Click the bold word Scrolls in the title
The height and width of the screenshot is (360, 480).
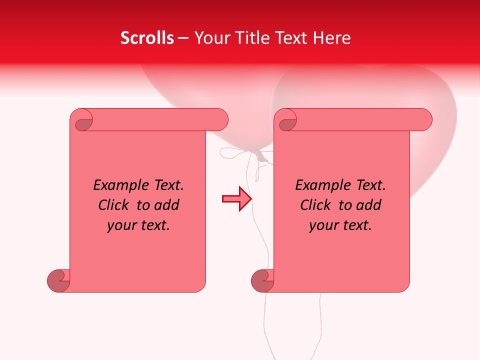pos(147,38)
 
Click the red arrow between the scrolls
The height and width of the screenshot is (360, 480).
pos(236,199)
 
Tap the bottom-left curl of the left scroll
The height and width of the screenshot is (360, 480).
pos(58,280)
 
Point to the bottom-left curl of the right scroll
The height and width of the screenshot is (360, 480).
pos(262,280)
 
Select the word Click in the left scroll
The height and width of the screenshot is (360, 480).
pos(114,205)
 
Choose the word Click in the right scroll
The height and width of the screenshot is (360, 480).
pos(316,205)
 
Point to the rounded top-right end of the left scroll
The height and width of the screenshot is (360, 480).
pos(220,120)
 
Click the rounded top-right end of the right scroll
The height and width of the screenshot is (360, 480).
pos(424,120)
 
